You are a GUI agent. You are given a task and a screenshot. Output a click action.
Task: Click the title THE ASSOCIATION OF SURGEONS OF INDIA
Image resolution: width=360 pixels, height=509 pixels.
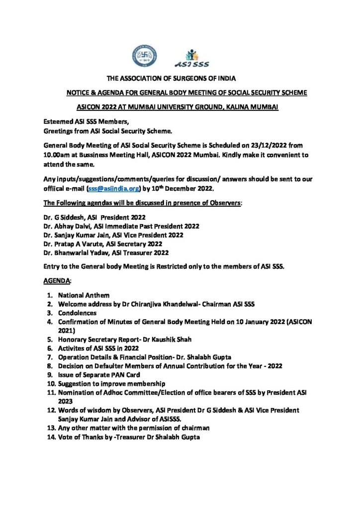coord(180,79)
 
